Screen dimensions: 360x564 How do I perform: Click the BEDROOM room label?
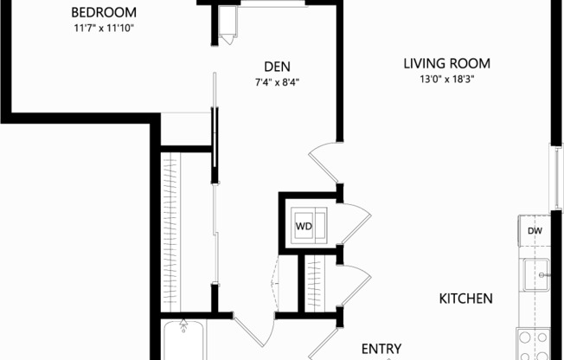coord(103,13)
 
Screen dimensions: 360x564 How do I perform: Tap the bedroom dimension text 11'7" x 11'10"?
coord(103,29)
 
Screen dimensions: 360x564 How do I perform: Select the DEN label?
coord(277,67)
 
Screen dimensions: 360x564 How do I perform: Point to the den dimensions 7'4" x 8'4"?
coord(277,83)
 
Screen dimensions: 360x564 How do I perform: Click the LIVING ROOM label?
coord(446,63)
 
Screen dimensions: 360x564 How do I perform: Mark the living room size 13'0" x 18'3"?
coord(446,80)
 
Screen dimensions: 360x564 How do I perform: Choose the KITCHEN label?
coord(466,299)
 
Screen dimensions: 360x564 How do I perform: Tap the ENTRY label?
coord(381,349)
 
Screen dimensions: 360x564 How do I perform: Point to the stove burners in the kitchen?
coord(533,344)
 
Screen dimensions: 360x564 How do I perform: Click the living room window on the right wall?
coord(554,177)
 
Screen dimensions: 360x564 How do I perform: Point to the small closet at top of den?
coord(228,24)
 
